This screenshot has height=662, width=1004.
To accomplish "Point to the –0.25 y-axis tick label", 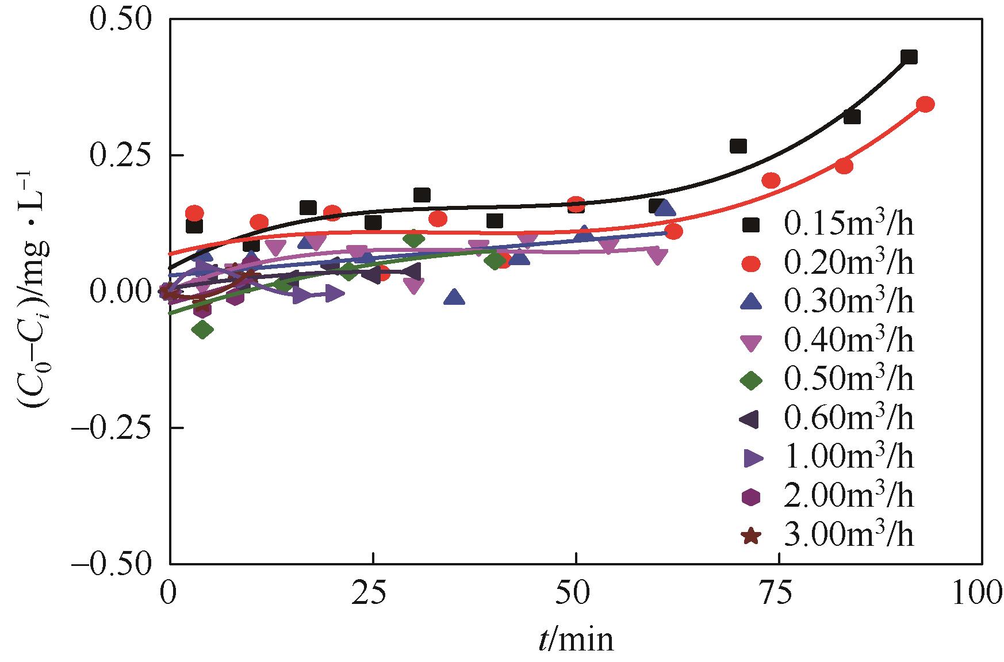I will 112,429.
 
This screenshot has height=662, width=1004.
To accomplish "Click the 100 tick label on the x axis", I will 978,594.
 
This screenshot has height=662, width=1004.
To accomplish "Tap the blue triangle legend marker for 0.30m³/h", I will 752,303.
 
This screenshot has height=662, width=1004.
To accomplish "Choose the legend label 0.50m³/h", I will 849,380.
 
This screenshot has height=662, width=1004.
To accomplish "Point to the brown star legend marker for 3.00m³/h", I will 752,536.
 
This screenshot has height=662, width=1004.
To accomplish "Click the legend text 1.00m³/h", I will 849,458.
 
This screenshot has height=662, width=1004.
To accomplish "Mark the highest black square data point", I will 909,57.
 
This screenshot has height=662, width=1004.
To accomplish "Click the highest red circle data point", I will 925,104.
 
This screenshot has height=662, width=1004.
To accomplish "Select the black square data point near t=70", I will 738,146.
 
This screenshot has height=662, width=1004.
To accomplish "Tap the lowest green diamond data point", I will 202,330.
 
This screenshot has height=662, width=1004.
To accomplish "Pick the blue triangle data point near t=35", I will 455,297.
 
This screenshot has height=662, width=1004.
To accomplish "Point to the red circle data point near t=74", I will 771,181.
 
